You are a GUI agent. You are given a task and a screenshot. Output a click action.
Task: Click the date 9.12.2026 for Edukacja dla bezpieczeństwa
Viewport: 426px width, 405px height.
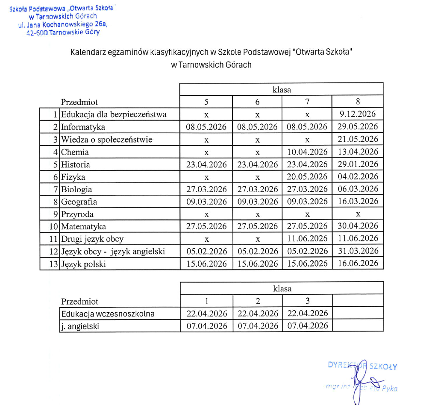coord(358,114)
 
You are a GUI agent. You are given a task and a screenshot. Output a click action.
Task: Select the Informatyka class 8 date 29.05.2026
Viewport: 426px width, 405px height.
coord(358,127)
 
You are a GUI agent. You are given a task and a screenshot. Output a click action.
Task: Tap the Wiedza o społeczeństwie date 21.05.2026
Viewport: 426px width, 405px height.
coord(358,139)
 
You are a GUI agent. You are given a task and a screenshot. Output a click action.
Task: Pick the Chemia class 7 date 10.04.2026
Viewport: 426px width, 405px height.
coord(307,152)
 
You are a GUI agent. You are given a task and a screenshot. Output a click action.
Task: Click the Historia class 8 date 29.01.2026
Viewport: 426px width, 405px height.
coord(358,164)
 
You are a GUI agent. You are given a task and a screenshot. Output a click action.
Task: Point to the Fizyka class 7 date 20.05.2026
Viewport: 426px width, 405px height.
coord(307,176)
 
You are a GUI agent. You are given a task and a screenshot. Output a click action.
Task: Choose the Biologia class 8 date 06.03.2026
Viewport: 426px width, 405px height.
coord(358,189)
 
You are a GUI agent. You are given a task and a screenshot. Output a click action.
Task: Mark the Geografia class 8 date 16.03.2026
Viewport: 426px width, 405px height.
coord(358,201)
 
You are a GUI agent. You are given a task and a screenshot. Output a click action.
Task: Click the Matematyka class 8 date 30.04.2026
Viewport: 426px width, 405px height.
coord(358,226)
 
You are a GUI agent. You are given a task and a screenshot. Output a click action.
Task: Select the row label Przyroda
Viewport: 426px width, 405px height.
coord(77,214)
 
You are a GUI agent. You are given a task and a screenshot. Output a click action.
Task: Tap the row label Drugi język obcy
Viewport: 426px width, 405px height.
coord(93,239)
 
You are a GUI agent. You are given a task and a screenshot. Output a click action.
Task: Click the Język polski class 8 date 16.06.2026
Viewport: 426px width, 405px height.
coord(358,264)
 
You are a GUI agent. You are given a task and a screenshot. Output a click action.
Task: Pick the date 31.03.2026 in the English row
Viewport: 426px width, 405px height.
coord(358,251)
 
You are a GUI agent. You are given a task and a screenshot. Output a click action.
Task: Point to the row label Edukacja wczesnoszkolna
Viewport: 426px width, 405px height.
coord(108,314)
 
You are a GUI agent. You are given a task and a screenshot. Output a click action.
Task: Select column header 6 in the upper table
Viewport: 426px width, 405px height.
coord(257,102)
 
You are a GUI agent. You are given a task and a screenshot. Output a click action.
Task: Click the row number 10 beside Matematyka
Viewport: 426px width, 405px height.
coord(53,226)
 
